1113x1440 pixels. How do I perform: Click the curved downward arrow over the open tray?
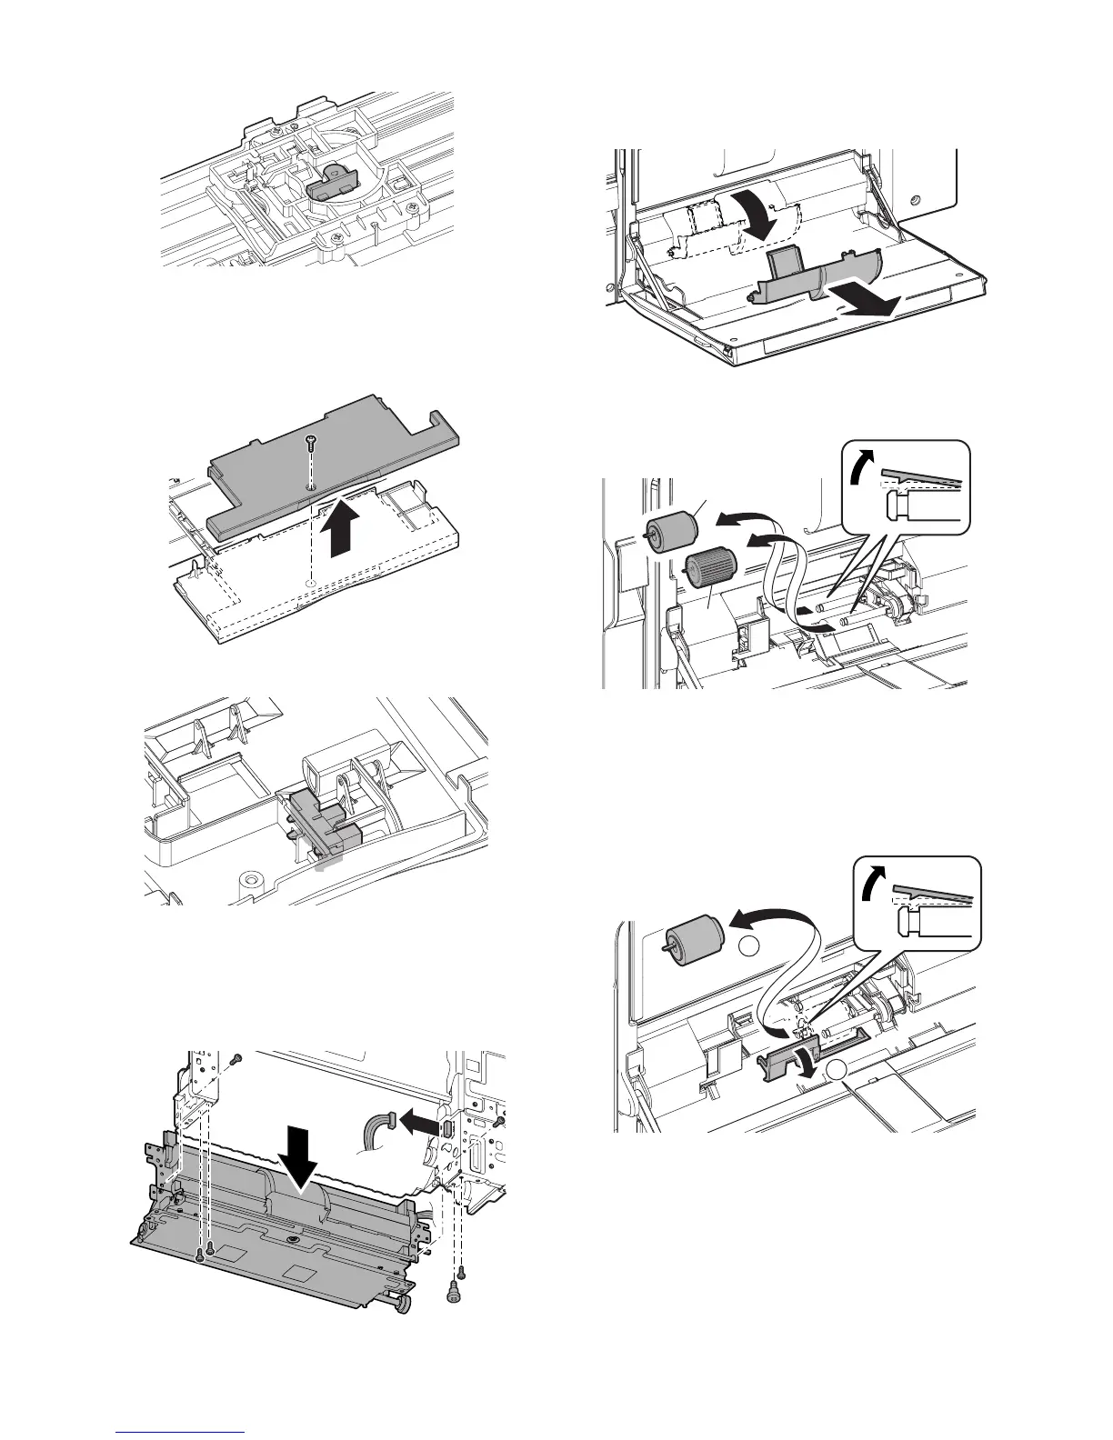coord(753,215)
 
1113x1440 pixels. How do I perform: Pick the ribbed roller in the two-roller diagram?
coord(706,573)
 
